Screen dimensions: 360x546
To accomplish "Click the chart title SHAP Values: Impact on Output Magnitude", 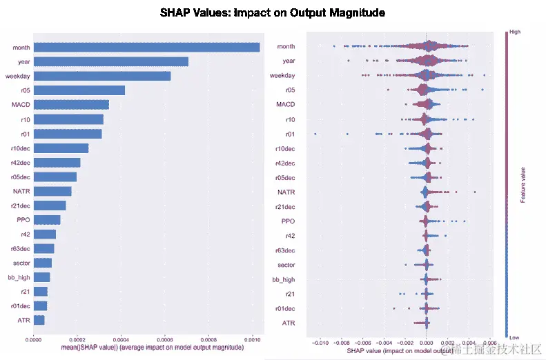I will click(x=272, y=13).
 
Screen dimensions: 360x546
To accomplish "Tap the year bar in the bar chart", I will click(x=110, y=61).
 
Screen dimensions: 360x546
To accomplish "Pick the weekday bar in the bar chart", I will click(x=101, y=76).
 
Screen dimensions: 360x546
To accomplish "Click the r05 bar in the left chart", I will click(x=79, y=90).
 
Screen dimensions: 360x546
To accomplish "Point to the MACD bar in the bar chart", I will click(x=71, y=105).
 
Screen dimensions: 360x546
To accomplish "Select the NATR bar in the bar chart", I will click(x=52, y=191).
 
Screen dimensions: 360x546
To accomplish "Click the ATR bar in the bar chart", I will click(x=39, y=320).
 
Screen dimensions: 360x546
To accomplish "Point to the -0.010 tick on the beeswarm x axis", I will click(x=320, y=341).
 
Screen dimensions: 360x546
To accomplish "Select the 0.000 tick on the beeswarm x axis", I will click(x=427, y=341).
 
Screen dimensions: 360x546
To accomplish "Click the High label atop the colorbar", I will click(x=514, y=31).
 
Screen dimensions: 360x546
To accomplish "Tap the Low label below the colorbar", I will click(x=514, y=337).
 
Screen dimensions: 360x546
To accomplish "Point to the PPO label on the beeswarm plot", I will click(x=289, y=221).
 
